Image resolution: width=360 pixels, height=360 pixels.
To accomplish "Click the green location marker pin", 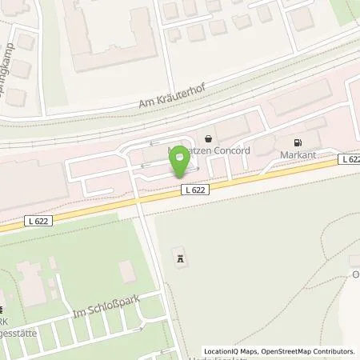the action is coord(181,163).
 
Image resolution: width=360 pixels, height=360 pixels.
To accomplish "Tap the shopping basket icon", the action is coord(210,138).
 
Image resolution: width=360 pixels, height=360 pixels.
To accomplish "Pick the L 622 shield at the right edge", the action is coord(349,159).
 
